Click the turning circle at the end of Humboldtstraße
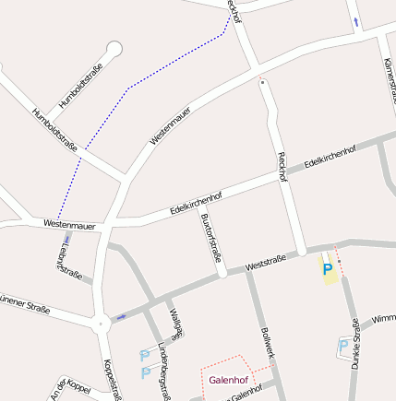click(x=114, y=48)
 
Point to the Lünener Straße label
click(x=24, y=301)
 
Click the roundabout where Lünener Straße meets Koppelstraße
click(x=100, y=323)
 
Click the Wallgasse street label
click(x=177, y=322)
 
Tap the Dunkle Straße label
click(x=355, y=344)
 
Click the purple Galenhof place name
click(x=227, y=380)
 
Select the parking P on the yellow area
click(x=327, y=268)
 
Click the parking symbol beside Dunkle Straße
click(x=343, y=346)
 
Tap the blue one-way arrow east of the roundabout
click(x=122, y=317)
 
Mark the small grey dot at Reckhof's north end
click(x=263, y=82)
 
